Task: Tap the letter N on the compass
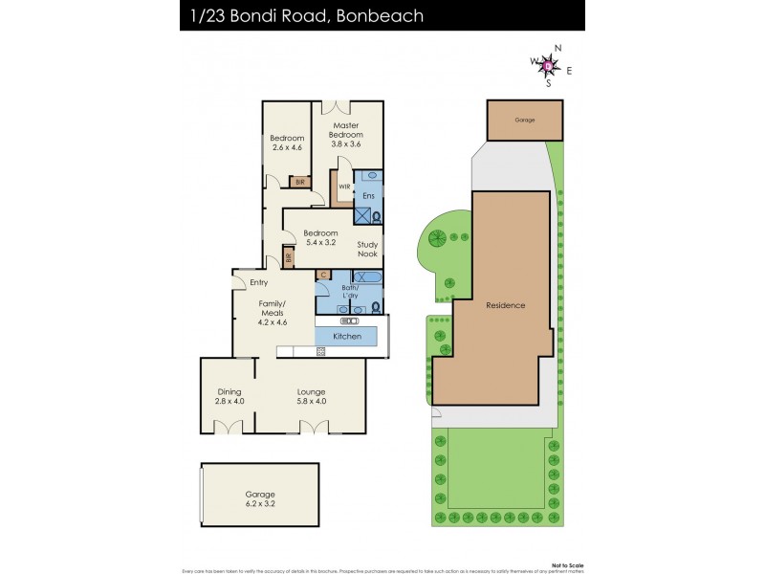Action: (x=558, y=49)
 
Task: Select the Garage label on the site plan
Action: (x=524, y=121)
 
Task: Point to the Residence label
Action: (x=505, y=305)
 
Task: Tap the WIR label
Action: (x=344, y=187)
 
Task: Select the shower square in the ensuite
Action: (x=364, y=216)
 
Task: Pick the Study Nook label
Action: (x=367, y=250)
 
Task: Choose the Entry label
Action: (x=258, y=282)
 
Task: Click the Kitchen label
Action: (x=346, y=337)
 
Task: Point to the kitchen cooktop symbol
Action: (x=321, y=351)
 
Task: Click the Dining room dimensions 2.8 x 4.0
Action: (x=229, y=402)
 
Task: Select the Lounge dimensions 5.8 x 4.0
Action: (x=312, y=402)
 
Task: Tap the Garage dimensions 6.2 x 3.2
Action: (x=260, y=505)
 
